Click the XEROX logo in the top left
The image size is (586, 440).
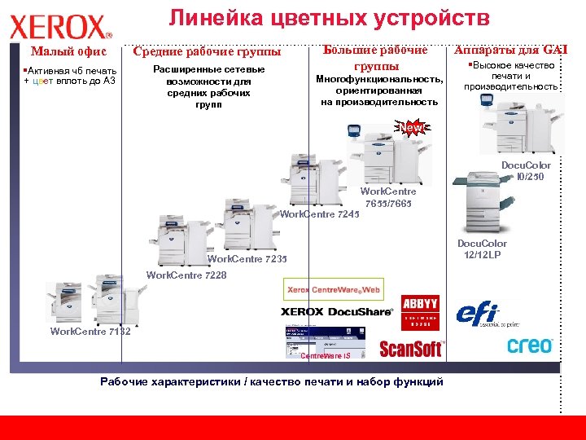(x=61, y=27)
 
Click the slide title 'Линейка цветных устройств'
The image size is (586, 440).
(x=329, y=18)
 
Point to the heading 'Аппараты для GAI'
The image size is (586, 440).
(x=510, y=51)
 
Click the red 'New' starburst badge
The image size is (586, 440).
(x=412, y=128)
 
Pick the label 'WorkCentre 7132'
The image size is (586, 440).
(x=90, y=332)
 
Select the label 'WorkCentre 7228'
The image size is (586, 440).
(x=186, y=275)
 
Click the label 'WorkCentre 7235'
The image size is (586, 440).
(x=247, y=259)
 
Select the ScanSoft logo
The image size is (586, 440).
(x=411, y=349)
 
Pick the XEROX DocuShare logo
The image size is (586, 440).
(x=337, y=311)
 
